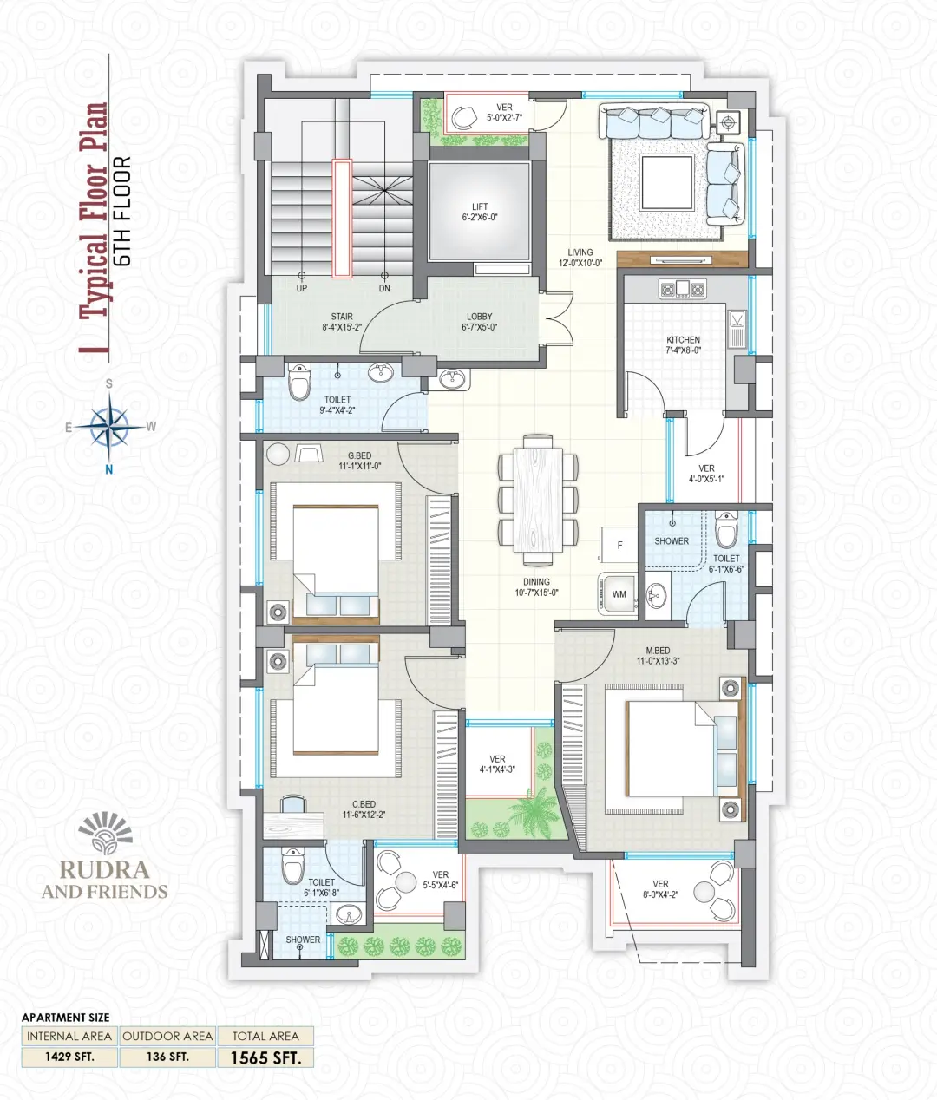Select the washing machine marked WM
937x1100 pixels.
pos(618,594)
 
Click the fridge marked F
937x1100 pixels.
pos(619,545)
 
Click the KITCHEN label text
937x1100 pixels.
pos(683,339)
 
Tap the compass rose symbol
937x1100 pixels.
pos(109,427)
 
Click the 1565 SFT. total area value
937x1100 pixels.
pos(265,1057)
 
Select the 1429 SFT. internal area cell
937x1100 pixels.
pos(69,1057)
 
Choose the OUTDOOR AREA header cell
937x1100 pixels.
pos(167,1036)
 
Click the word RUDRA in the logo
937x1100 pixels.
pos(104,869)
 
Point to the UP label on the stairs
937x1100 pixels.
pos(302,288)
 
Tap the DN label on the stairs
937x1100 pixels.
pos(384,288)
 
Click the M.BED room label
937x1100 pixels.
pos(658,651)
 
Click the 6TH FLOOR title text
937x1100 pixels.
pos(123,212)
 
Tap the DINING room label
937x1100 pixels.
pos(536,582)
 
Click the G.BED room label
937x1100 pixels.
pos(360,455)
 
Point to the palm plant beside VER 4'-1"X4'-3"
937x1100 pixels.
pos(534,811)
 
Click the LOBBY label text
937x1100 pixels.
pos(479,317)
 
